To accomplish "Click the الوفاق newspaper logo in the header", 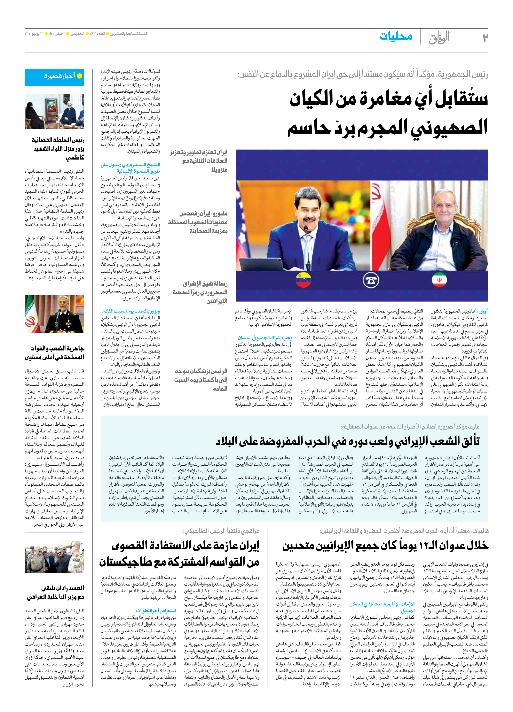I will (439, 38).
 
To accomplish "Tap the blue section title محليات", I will (396, 36).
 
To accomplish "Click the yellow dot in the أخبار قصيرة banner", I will (80, 76).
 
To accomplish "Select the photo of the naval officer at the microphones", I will (55, 314).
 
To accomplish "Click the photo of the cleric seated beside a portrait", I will (55, 112).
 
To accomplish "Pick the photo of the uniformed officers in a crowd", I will (55, 557).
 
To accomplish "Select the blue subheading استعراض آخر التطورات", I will (156, 611).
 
